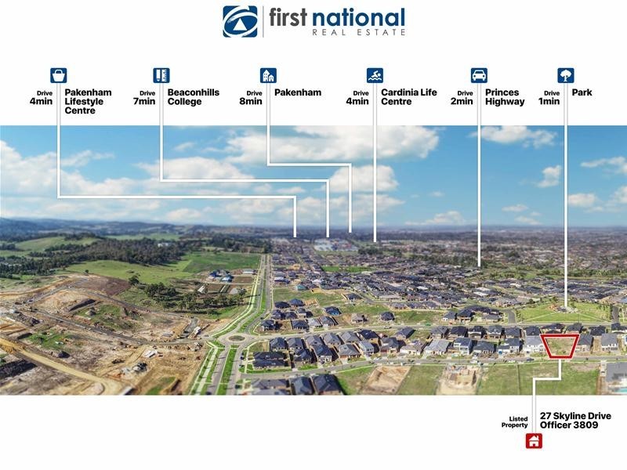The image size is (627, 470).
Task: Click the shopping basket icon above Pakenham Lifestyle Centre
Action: pos(58,75)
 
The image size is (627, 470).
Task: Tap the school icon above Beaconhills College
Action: pos(161,75)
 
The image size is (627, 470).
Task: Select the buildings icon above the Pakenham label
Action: pos(268,75)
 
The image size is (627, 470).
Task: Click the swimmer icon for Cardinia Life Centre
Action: pos(375,75)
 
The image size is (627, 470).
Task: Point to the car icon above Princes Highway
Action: pos(479,75)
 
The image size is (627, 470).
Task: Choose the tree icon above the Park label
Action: pos(566,75)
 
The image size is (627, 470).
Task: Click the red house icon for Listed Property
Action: pos(534,441)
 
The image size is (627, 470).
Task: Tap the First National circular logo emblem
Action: pos(240,22)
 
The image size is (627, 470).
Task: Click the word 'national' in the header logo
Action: pos(358,18)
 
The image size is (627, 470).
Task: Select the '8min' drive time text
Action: pos(251,102)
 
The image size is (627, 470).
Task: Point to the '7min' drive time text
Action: pos(144,102)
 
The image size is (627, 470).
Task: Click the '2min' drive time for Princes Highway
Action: pos(462,102)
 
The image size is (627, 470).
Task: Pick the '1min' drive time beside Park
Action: pos(549,102)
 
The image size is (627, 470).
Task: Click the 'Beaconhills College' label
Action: pos(194,97)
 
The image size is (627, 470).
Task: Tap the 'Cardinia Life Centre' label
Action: pos(408,97)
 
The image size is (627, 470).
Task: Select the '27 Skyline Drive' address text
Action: pos(575,416)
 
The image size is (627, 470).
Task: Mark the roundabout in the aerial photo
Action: pos(237,338)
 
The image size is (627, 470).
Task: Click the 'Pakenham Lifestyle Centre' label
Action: pos(88,102)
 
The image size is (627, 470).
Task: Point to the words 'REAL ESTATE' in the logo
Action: pos(359,32)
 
